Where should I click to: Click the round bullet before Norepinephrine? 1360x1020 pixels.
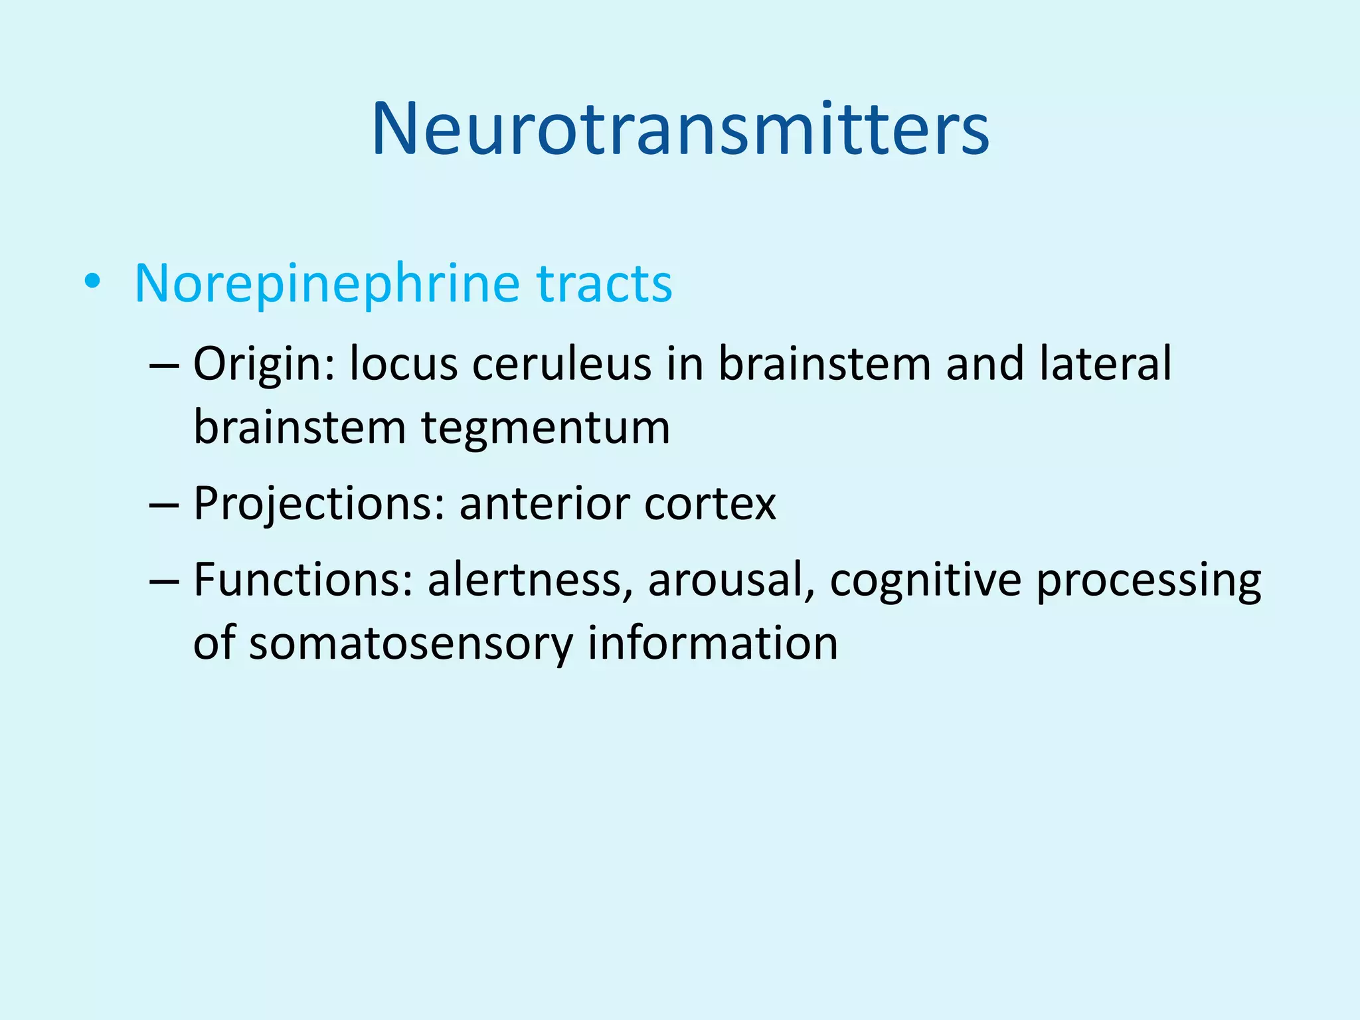[x=92, y=283]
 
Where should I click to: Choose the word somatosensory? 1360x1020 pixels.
[x=410, y=644]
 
